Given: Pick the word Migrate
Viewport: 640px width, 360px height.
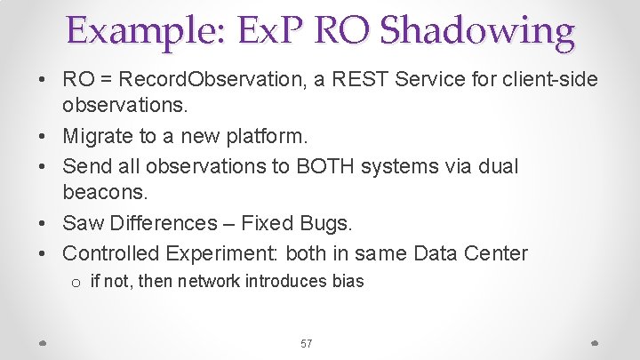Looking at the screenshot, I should [99, 137].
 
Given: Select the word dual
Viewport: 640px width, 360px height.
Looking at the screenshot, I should [496, 166].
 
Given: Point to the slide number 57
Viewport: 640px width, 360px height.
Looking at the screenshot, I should [306, 343].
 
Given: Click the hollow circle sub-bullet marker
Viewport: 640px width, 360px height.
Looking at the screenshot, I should [77, 284].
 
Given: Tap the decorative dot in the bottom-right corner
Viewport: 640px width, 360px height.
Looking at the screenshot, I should [594, 343].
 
